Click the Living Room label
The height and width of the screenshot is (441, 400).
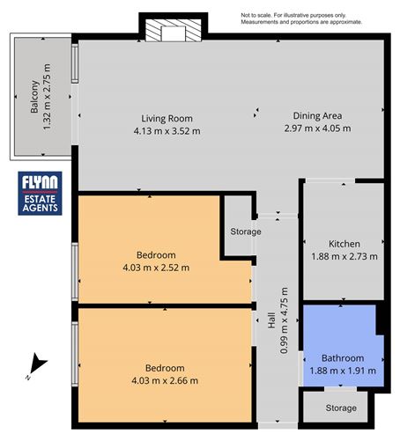click(167, 119)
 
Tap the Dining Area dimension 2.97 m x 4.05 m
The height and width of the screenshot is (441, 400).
click(317, 129)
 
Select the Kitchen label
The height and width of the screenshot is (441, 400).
click(344, 244)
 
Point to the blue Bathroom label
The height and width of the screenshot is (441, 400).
click(343, 358)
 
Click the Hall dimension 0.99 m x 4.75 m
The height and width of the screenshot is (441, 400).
click(284, 320)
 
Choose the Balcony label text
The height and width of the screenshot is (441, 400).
click(34, 96)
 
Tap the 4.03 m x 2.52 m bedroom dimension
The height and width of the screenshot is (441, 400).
click(156, 268)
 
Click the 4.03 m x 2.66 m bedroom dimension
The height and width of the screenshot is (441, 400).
click(165, 380)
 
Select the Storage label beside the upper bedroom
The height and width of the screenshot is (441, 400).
click(246, 232)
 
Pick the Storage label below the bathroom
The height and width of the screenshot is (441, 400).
click(341, 408)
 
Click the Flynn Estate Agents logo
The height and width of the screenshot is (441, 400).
click(40, 194)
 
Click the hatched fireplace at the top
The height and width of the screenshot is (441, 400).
click(174, 30)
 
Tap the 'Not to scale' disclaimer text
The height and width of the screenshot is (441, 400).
click(301, 18)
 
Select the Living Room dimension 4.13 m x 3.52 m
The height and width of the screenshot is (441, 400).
click(167, 131)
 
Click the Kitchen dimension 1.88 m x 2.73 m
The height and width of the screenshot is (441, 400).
click(344, 256)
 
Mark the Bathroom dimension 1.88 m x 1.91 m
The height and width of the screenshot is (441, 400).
click(343, 371)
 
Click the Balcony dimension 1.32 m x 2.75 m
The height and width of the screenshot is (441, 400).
click(47, 97)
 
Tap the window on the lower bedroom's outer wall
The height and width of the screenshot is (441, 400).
click(75, 354)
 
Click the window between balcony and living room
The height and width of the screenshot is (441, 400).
click(75, 63)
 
